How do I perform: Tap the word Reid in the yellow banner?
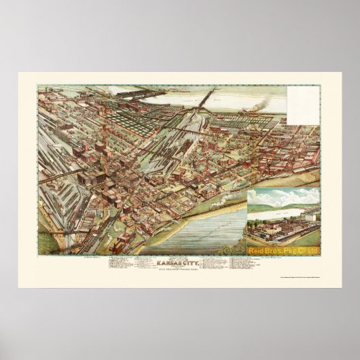[x=257, y=251]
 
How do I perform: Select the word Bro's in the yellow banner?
[x=274, y=251]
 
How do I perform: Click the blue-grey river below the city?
[x=204, y=224]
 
